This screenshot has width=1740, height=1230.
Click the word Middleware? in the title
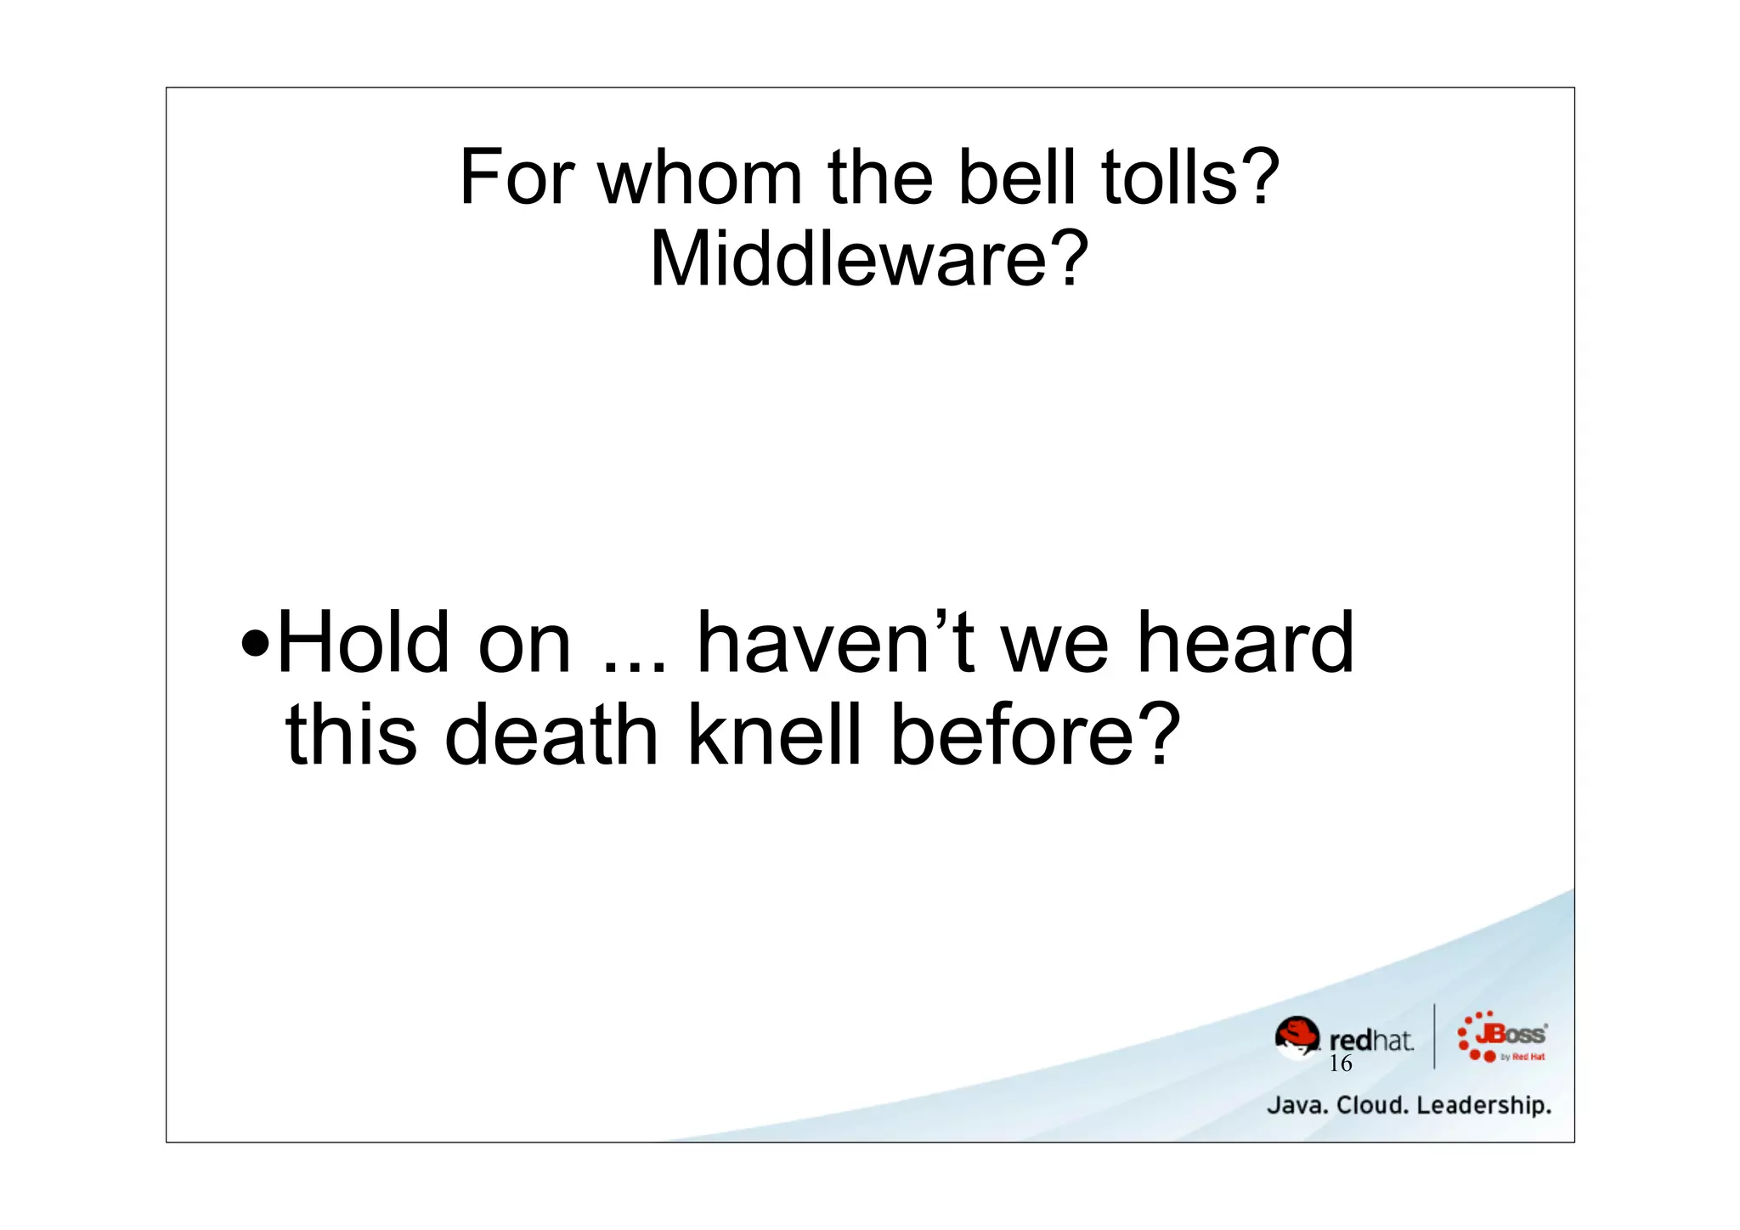869,259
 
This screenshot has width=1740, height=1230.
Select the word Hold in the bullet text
364,643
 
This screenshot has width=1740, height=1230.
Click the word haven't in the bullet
836,643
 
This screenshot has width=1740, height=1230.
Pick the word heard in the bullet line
1245,643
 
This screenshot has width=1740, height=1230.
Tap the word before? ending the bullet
1035,735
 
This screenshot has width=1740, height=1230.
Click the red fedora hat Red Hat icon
1297,1036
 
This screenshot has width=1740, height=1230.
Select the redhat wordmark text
1370,1040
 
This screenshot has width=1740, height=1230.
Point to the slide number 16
1340,1064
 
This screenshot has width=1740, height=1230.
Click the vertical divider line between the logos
1434,1036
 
